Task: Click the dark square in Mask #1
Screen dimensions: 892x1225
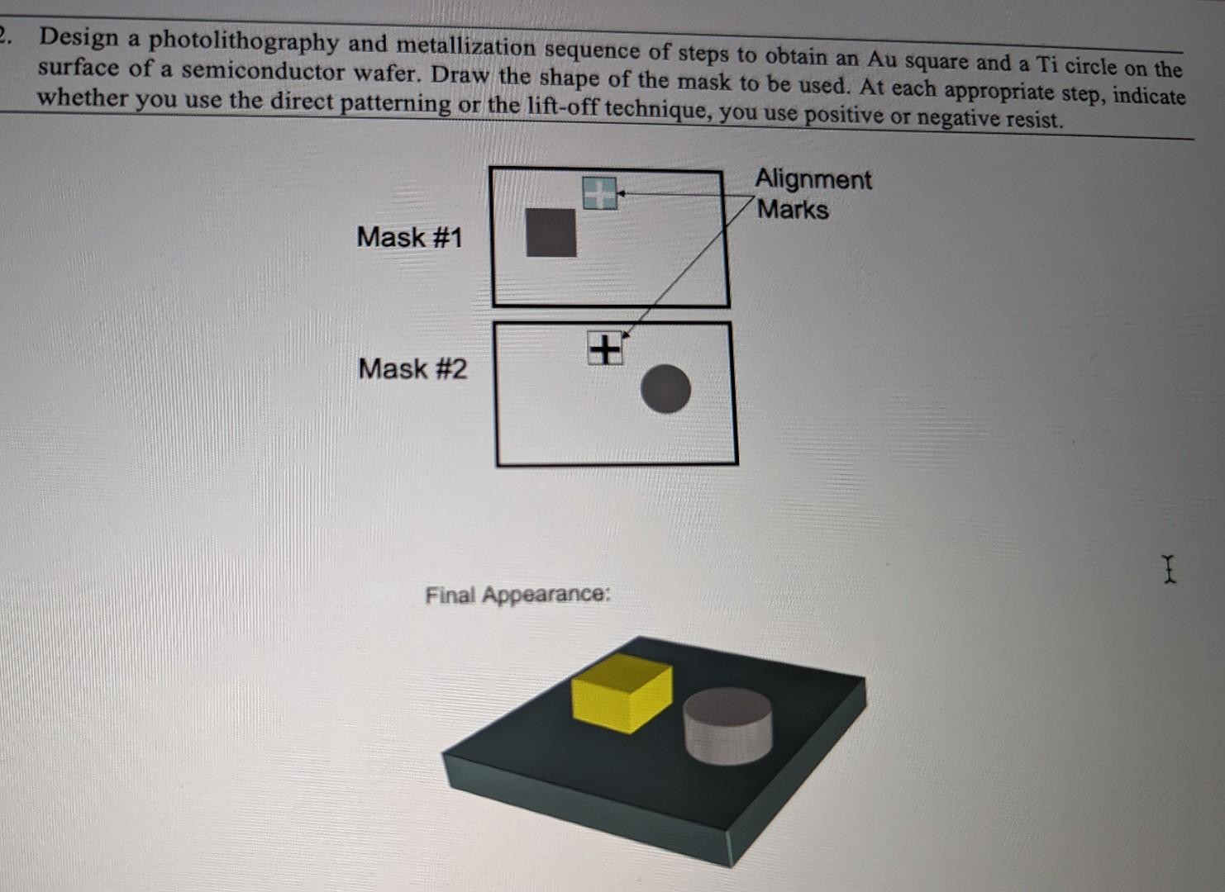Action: tap(551, 233)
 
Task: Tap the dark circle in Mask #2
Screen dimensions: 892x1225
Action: tap(665, 389)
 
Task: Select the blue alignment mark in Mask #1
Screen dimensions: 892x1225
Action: tap(599, 193)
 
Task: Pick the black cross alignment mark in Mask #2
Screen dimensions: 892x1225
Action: tap(605, 349)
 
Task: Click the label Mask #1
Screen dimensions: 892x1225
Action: tap(409, 238)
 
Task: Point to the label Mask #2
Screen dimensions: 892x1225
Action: tap(412, 368)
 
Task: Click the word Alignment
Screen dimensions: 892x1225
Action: tap(813, 179)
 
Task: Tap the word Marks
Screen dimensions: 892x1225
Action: tap(793, 210)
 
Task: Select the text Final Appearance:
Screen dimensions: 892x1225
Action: tap(518, 595)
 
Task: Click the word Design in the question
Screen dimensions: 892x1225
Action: tap(79, 38)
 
